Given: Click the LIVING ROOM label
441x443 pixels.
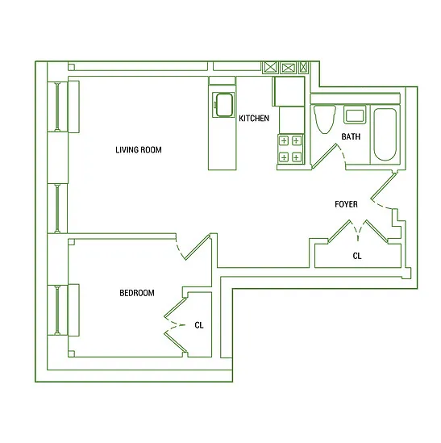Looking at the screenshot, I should tap(139, 150).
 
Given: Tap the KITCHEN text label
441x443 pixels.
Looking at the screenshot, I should tap(254, 119).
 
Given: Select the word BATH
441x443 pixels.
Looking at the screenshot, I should tap(351, 136).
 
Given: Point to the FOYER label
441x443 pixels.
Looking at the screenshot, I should tap(347, 204).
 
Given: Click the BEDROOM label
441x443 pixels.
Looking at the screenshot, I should tap(136, 293).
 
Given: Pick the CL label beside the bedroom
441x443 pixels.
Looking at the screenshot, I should tap(199, 325).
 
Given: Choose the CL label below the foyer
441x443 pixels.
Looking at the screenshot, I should tap(357, 256).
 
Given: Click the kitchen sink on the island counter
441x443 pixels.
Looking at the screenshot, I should tap(223, 104).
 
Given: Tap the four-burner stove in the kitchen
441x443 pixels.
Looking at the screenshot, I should tap(290, 149).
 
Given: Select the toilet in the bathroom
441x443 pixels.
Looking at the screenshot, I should tap(325, 120).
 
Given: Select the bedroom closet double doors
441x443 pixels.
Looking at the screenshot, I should tap(174, 326).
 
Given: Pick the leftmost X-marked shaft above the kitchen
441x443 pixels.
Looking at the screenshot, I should tap(271, 68).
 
